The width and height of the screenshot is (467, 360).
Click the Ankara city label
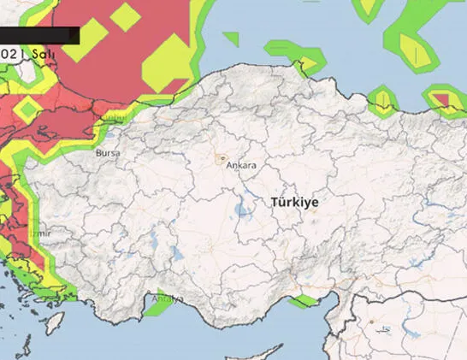pos(241,166)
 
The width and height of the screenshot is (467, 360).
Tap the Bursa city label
pos(109,153)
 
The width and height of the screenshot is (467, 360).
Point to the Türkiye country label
pos(294,203)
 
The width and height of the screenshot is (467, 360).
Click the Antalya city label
pos(167,298)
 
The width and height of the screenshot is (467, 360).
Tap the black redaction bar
pos(39,35)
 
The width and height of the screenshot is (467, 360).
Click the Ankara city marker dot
pos(222,158)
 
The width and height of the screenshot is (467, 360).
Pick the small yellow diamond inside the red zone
pos(126,16)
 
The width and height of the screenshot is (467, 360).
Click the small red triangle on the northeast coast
pos(442,101)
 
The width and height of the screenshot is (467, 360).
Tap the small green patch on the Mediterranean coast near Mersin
pos(302,300)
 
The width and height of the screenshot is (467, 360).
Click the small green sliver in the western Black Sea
pos(231,38)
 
